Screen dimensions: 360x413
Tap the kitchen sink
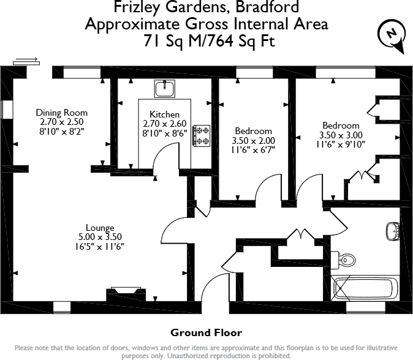(x=165, y=89)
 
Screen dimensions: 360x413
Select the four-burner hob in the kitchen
(x=202, y=135)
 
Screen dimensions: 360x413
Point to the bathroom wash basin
(x=393, y=231)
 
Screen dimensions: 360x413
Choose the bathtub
(x=365, y=288)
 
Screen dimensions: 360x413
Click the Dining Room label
(x=61, y=113)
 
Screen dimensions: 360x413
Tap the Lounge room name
(x=99, y=228)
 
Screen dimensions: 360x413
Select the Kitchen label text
(x=165, y=114)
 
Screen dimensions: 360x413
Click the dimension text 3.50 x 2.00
(x=254, y=140)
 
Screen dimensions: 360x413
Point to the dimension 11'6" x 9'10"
(x=341, y=144)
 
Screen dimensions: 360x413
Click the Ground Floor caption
(x=206, y=333)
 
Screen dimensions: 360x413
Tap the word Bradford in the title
(x=269, y=8)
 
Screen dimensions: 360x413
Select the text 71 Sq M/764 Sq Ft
(x=206, y=42)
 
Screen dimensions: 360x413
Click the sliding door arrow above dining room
(x=25, y=60)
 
